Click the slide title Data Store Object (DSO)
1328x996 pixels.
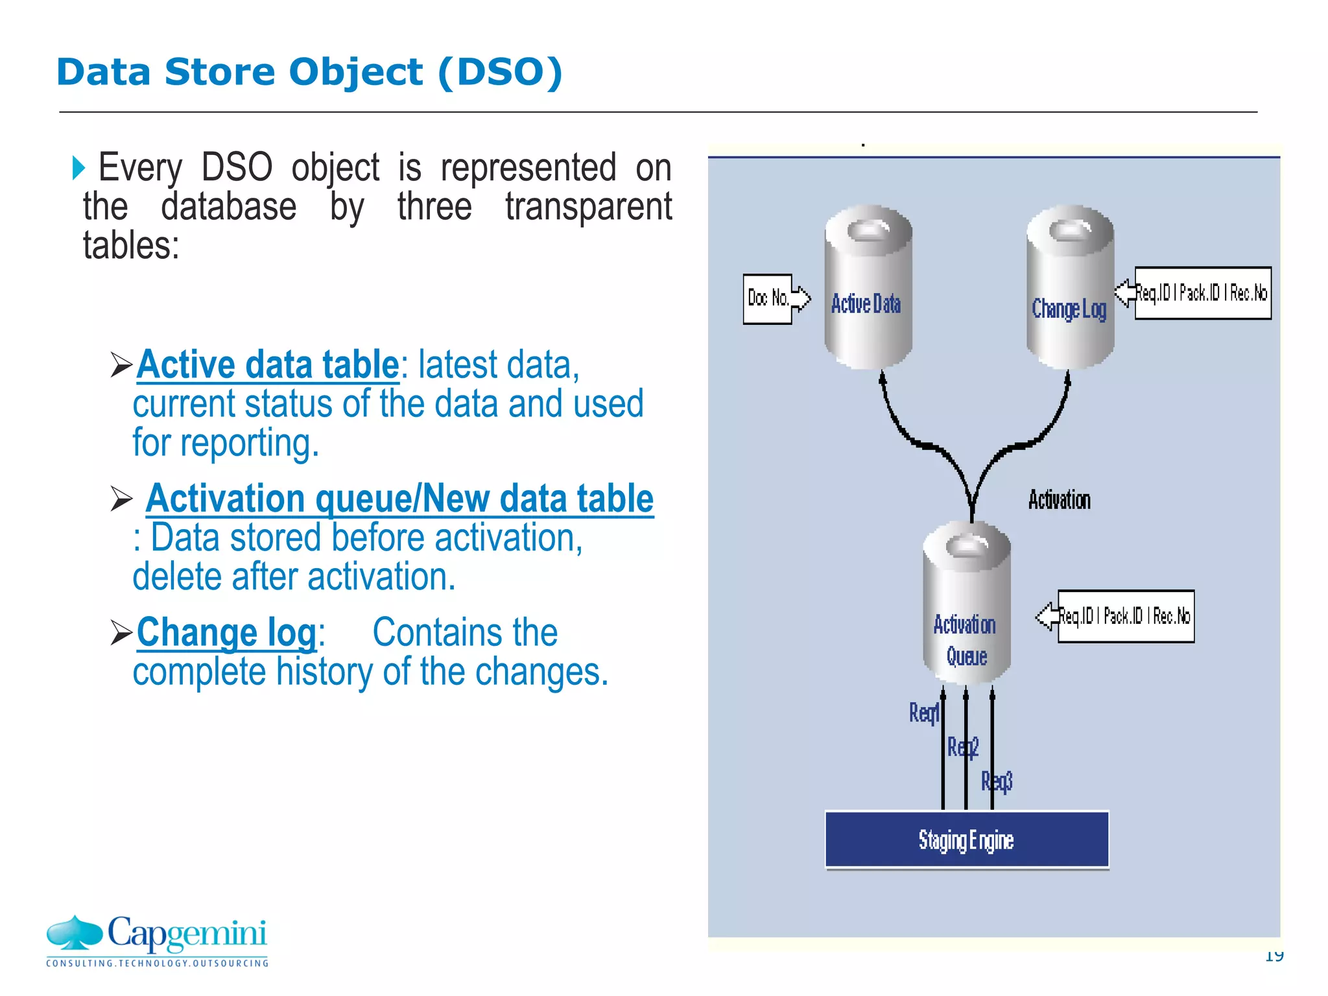[309, 72]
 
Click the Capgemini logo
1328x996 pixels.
[157, 940]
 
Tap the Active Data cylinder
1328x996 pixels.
[868, 289]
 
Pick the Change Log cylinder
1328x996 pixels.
[1070, 289]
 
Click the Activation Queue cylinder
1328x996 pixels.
[966, 603]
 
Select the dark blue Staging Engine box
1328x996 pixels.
[966, 840]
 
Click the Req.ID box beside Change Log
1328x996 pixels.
[1202, 293]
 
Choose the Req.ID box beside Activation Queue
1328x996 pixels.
[1125, 616]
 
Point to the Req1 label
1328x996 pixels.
[923, 713]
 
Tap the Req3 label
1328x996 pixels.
[997, 781]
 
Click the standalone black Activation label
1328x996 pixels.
[1059, 500]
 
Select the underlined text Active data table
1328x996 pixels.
[267, 364]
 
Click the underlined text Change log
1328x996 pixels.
[226, 632]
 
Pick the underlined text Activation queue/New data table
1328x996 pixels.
[399, 499]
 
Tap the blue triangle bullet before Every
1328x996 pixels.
[78, 168]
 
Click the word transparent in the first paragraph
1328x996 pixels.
[588, 207]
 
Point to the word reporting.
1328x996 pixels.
[249, 444]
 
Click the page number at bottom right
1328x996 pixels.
[1274, 956]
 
